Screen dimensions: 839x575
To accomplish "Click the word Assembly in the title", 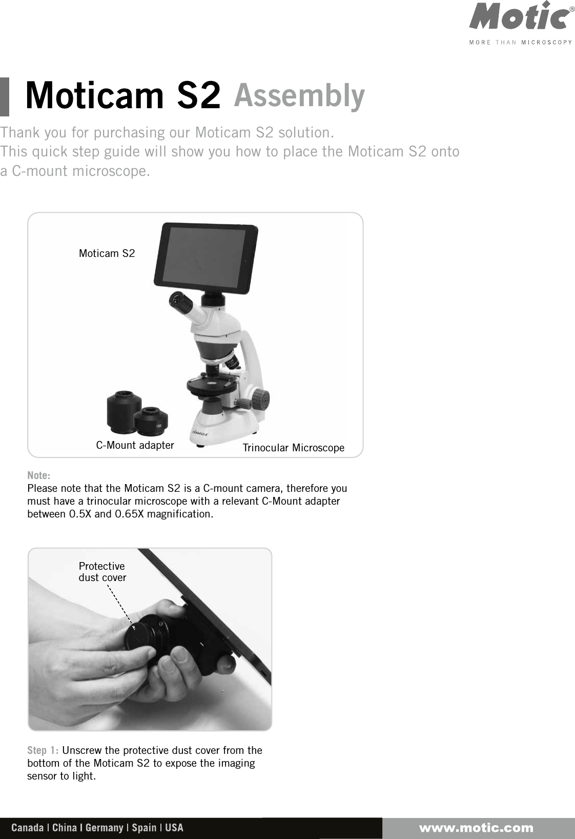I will [299, 96].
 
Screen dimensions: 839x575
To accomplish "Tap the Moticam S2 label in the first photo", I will [107, 253].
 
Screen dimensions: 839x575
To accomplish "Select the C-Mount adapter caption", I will [135, 445].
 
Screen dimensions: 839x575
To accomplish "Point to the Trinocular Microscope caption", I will [293, 448].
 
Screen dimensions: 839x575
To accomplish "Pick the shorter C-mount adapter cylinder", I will [151, 419].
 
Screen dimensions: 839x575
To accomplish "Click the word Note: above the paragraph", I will [38, 475].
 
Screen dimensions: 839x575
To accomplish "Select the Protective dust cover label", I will [102, 572].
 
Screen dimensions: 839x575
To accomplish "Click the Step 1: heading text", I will [43, 751].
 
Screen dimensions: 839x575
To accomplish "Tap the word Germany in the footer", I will [104, 828].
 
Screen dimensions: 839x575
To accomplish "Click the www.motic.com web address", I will [476, 828].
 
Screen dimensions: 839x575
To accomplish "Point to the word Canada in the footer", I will [27, 828].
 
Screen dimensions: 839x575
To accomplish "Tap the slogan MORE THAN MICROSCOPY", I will [520, 43].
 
